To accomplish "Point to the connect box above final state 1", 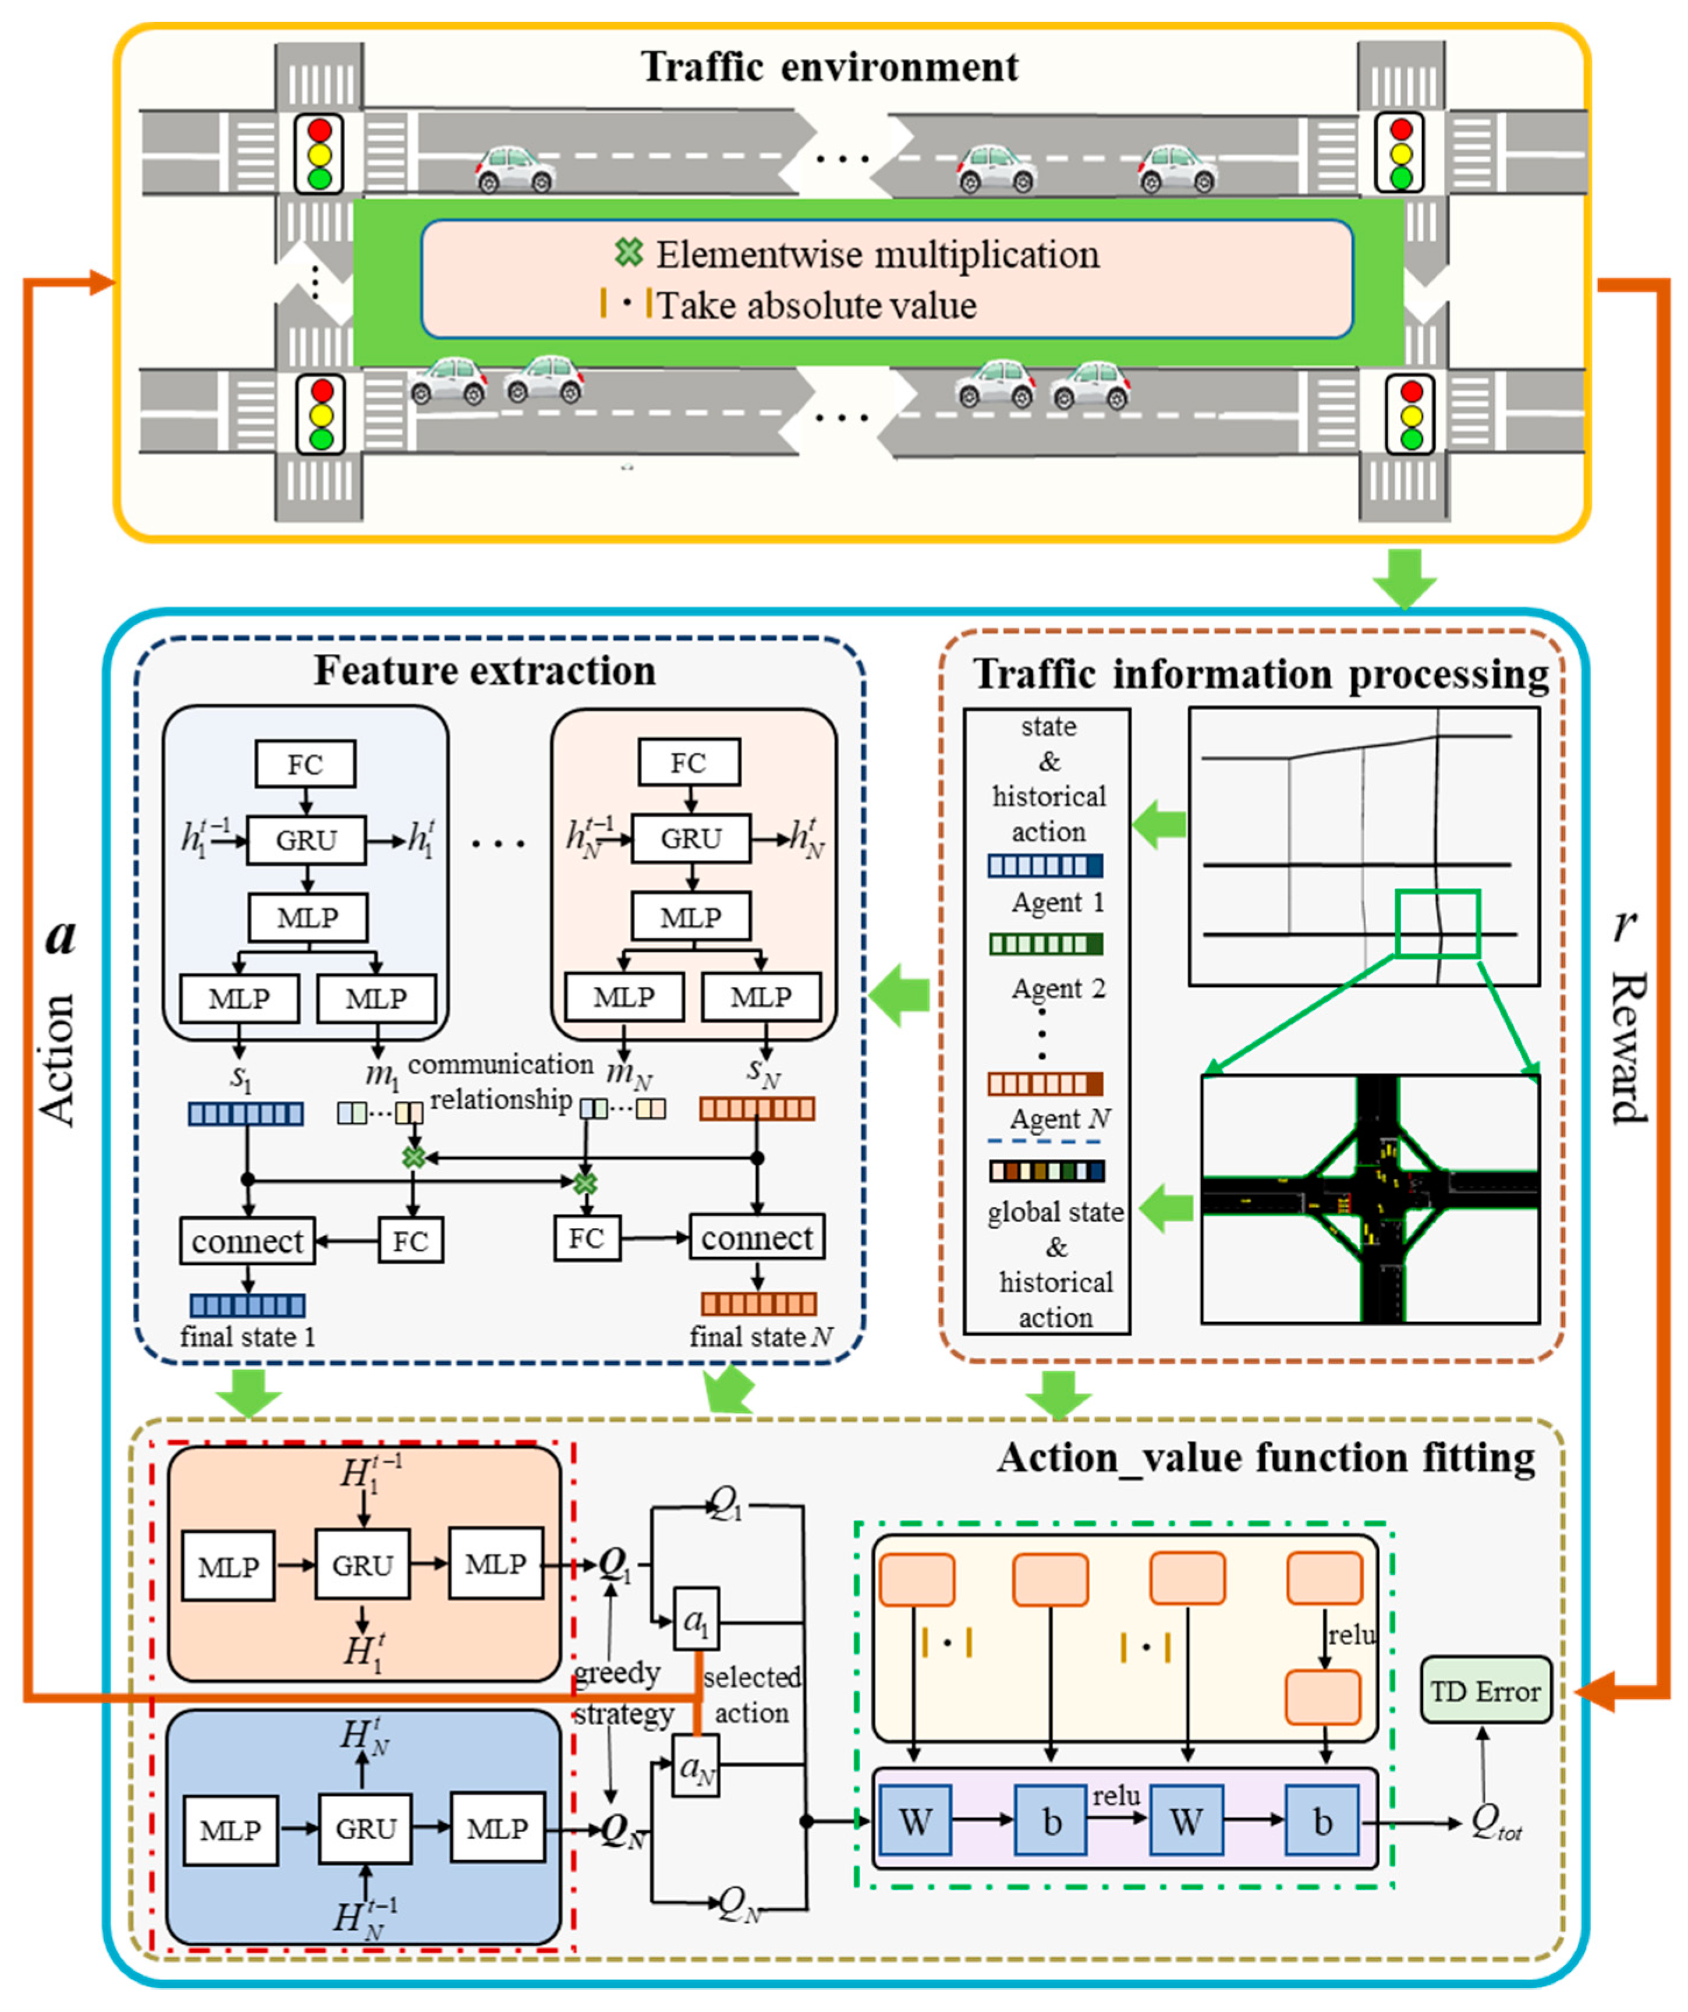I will [247, 1242].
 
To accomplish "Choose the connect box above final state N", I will [757, 1238].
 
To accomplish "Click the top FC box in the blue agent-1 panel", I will [304, 764].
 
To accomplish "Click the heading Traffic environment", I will [829, 67].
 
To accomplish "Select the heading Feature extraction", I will [485, 671].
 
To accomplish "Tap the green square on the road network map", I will [1437, 923].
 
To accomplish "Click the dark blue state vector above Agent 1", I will [1045, 866].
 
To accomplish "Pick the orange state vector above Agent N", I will [1045, 1083].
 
